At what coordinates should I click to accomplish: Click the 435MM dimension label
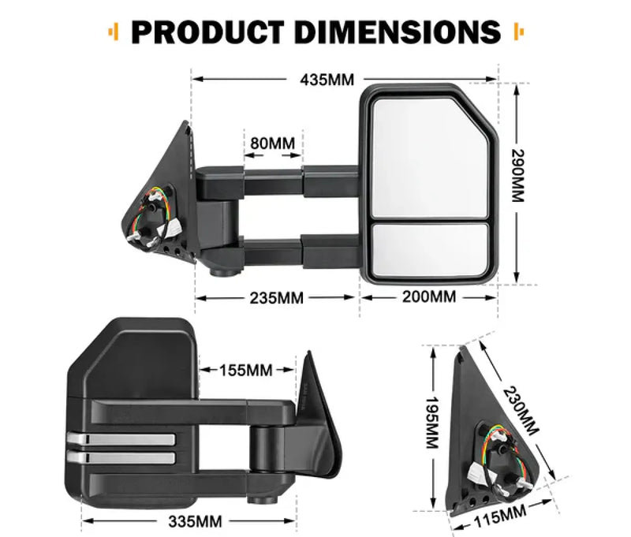click(x=327, y=80)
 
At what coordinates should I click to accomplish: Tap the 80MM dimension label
click(x=272, y=144)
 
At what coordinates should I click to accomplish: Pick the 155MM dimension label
click(x=248, y=370)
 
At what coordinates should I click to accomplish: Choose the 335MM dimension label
click(x=195, y=520)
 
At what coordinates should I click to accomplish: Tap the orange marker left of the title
click(x=115, y=32)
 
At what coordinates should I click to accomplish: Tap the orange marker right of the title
click(x=517, y=32)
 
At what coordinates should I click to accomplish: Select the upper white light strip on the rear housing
click(x=120, y=440)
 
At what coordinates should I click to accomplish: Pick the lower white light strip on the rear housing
click(x=120, y=457)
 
